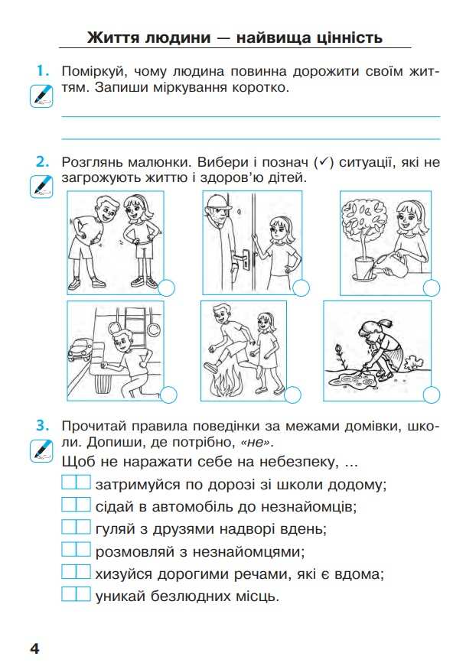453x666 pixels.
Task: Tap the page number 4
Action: [34, 648]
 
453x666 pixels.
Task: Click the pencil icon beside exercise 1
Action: [41, 96]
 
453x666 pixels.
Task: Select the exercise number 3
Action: [43, 426]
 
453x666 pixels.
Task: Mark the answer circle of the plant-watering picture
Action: [432, 288]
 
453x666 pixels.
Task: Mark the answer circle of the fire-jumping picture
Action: [292, 395]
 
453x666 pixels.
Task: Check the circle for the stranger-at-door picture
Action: [301, 288]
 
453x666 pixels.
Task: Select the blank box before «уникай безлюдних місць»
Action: [76, 594]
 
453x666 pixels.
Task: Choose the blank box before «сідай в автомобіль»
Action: [76, 504]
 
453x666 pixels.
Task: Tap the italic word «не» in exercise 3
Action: [256, 443]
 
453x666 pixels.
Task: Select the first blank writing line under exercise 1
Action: [251, 116]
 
